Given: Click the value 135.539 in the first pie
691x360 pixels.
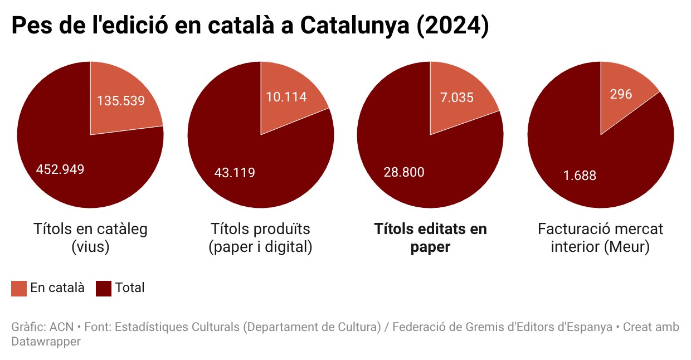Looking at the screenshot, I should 121,101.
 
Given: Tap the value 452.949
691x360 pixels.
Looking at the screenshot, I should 60,169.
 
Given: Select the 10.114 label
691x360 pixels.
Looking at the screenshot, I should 286,97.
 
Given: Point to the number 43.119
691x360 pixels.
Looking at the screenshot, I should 235,173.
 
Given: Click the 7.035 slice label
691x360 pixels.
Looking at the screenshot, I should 457,98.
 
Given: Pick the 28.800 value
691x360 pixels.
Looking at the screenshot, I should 404,172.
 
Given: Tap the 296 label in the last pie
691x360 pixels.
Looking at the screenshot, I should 621,94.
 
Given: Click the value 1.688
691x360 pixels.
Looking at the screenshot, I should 580,176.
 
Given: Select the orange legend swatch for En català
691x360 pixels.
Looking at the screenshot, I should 19,288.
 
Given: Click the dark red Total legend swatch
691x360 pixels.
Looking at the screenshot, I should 104,288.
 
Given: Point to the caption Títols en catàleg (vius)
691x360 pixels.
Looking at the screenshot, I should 90,238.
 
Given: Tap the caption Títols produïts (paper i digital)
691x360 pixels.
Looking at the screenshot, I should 260,238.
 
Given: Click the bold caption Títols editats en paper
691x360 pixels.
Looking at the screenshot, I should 430,238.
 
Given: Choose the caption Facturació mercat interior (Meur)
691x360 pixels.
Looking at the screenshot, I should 600,238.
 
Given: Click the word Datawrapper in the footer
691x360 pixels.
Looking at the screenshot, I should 46,341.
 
